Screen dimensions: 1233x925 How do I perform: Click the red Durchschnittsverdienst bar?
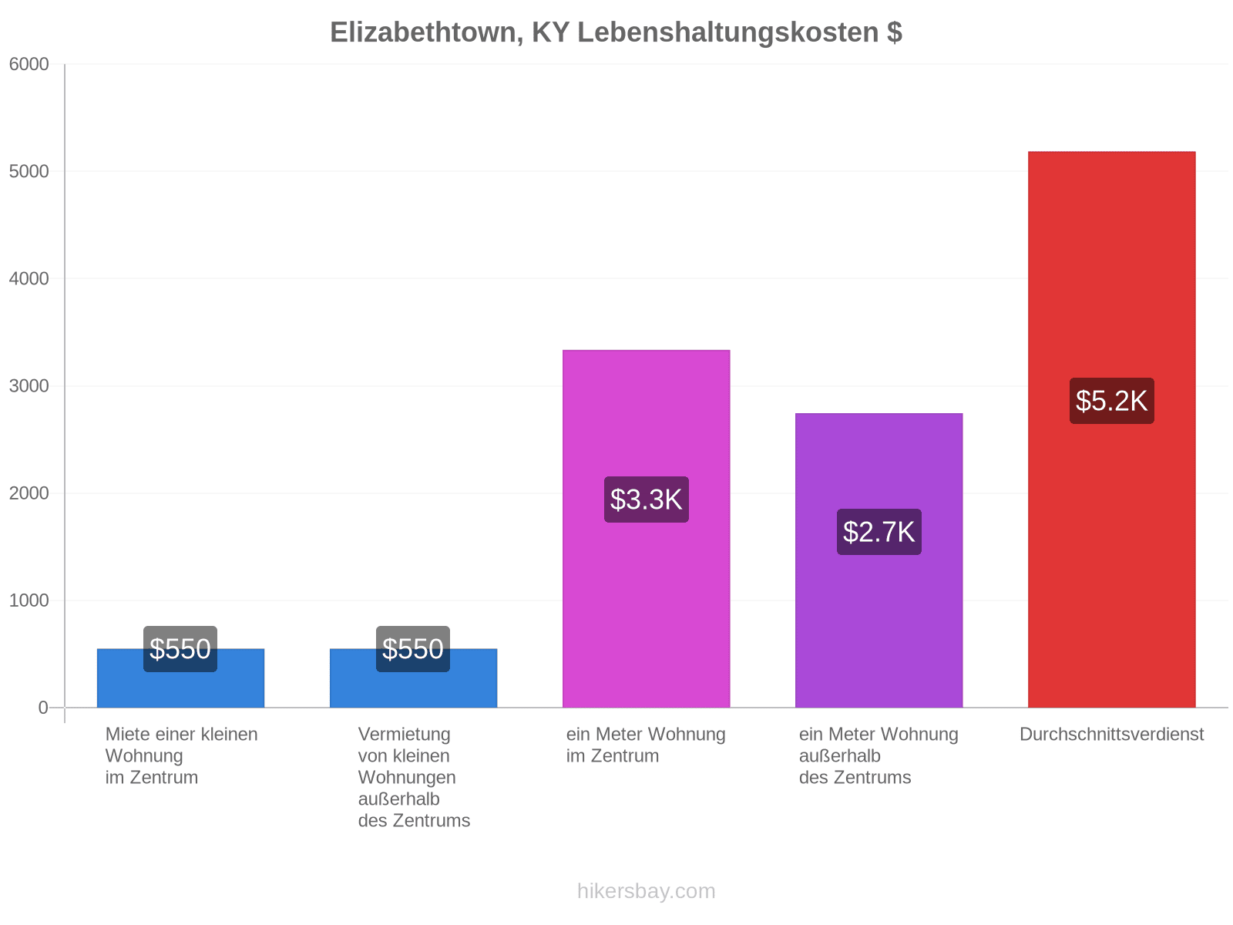pyautogui.click(x=1111, y=429)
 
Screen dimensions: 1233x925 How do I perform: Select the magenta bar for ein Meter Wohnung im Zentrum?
pyautogui.click(x=646, y=529)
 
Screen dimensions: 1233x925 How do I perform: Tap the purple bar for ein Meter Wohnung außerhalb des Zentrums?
pyautogui.click(x=879, y=560)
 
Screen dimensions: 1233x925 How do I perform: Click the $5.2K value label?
pyautogui.click(x=1111, y=400)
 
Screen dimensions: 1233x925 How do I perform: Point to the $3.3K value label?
pyautogui.click(x=646, y=499)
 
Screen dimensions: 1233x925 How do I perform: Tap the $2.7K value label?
pyautogui.click(x=879, y=532)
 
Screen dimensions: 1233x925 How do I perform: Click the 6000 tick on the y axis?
pyautogui.click(x=29, y=64)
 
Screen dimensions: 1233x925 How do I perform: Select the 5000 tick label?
pyautogui.click(x=29, y=171)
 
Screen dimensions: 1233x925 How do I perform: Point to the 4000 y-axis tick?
pyautogui.click(x=29, y=278)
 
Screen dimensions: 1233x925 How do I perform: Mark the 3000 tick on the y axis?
pyautogui.click(x=29, y=386)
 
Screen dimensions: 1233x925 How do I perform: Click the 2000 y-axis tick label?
pyautogui.click(x=29, y=493)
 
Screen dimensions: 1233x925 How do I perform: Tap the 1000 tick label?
pyautogui.click(x=29, y=600)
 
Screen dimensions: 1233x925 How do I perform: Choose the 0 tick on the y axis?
pyautogui.click(x=43, y=708)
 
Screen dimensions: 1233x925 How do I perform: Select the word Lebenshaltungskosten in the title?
pyautogui.click(x=728, y=32)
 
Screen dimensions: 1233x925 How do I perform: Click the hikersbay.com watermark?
pyautogui.click(x=646, y=891)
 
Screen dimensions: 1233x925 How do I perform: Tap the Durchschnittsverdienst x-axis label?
pyautogui.click(x=1111, y=734)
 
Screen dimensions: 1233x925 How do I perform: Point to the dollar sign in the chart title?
pyautogui.click(x=895, y=32)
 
